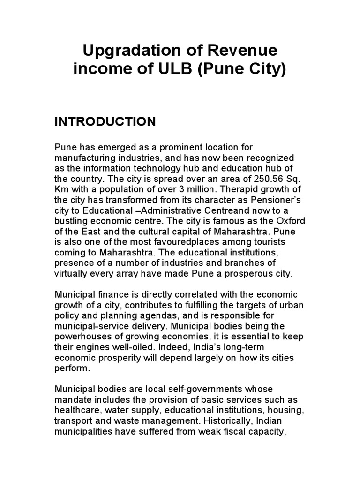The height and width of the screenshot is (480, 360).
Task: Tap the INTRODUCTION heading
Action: (105, 122)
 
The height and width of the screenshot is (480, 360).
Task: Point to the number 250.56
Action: (250, 179)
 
